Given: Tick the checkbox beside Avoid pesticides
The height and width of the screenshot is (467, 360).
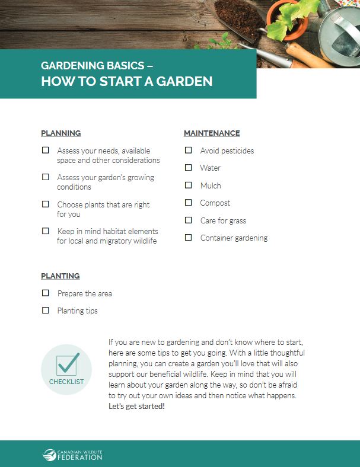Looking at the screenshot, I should point(188,151).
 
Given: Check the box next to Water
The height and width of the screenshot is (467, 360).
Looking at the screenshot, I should point(188,168).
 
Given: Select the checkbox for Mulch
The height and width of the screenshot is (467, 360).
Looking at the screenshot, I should point(188,185).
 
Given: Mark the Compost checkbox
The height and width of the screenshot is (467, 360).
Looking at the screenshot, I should point(188,203).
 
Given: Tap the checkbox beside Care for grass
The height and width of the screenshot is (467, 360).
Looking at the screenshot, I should point(188,220).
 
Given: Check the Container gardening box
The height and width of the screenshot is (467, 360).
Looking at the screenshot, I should point(188,238).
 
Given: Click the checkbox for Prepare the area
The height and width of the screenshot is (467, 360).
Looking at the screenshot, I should point(46,293).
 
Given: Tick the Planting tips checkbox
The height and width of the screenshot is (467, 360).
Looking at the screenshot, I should point(46,311).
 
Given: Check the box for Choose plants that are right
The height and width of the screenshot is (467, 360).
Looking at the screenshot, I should point(46,204).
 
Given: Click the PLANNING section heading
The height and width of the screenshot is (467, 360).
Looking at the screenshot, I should point(61,133).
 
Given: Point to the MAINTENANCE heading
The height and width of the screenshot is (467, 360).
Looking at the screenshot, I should point(212,133).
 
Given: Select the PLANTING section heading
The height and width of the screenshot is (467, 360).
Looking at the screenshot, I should point(60,276).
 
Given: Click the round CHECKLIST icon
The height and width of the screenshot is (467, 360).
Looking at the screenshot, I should point(66,369).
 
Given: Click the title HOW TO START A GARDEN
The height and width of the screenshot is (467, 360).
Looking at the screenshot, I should point(127,81).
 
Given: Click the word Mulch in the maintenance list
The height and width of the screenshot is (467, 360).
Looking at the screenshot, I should point(211,185).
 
